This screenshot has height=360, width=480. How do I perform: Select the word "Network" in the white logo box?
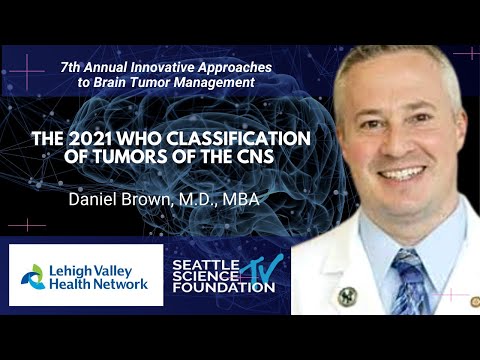[122, 283]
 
